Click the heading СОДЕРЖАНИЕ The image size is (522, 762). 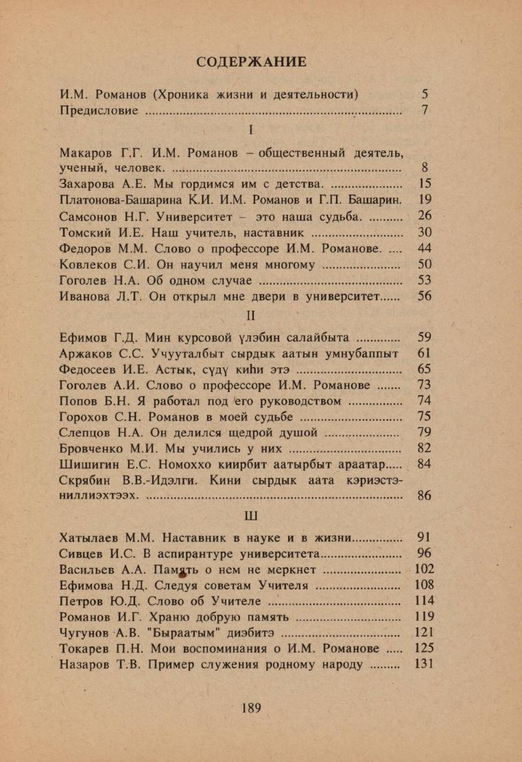251,62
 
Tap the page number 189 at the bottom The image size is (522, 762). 252,708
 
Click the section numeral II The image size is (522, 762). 251,316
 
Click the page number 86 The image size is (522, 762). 424,496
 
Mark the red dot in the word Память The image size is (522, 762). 183,571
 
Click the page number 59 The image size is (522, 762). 424,337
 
